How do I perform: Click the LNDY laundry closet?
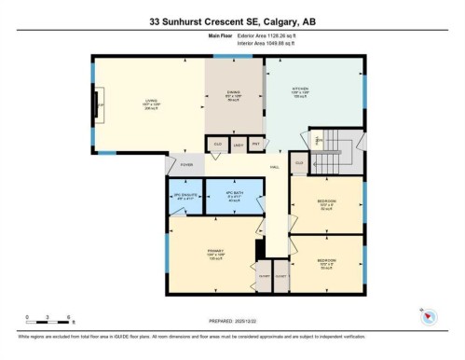coord(237,145)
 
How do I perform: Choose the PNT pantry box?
coord(255,145)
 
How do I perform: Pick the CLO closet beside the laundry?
coord(217,145)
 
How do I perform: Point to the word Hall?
coord(276,167)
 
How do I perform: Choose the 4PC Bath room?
coord(234,197)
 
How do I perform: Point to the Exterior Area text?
coord(248,37)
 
